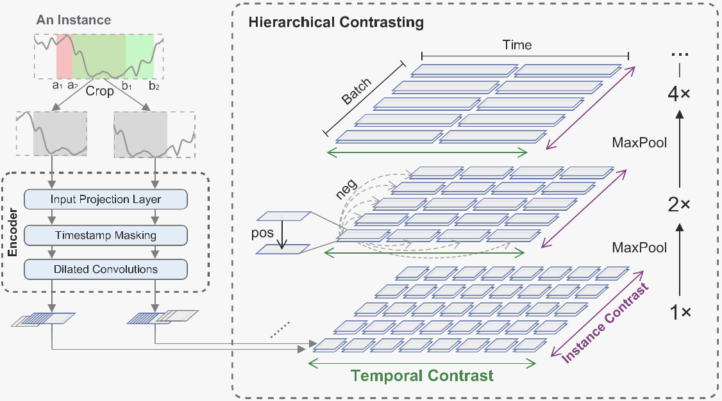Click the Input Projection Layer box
tap(106, 199)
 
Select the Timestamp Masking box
tap(106, 235)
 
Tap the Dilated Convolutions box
tap(106, 269)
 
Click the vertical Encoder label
tap(12, 231)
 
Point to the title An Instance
tap(74, 20)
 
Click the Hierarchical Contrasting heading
tap(336, 22)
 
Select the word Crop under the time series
tap(99, 91)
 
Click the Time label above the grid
tap(517, 45)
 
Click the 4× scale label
tap(680, 94)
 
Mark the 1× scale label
tap(680, 313)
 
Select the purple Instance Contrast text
tap(605, 323)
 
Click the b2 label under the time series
tap(154, 85)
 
